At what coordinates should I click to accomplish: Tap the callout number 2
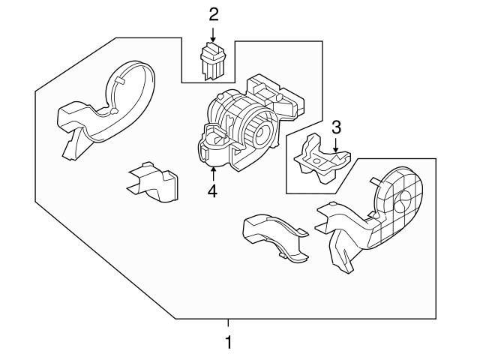click(x=214, y=14)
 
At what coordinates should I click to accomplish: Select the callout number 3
click(x=337, y=125)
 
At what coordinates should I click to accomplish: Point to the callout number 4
click(x=213, y=191)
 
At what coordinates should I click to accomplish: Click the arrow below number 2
click(x=214, y=34)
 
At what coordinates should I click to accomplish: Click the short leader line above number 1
click(x=229, y=325)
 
